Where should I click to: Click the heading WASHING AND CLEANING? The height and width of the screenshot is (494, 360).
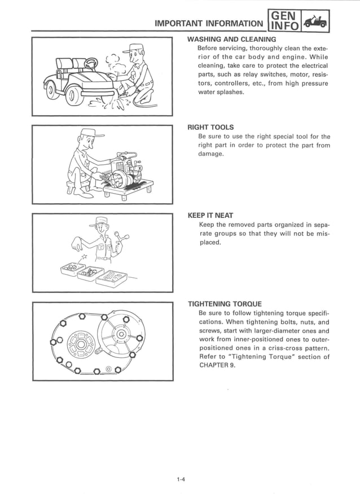pos(231,40)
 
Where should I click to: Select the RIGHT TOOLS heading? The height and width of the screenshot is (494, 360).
pos(210,127)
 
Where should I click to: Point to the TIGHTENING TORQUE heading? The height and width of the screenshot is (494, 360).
pos(225,304)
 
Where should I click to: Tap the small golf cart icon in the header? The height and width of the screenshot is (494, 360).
pos(314,23)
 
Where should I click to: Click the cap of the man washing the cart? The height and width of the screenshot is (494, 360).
pos(136,47)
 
